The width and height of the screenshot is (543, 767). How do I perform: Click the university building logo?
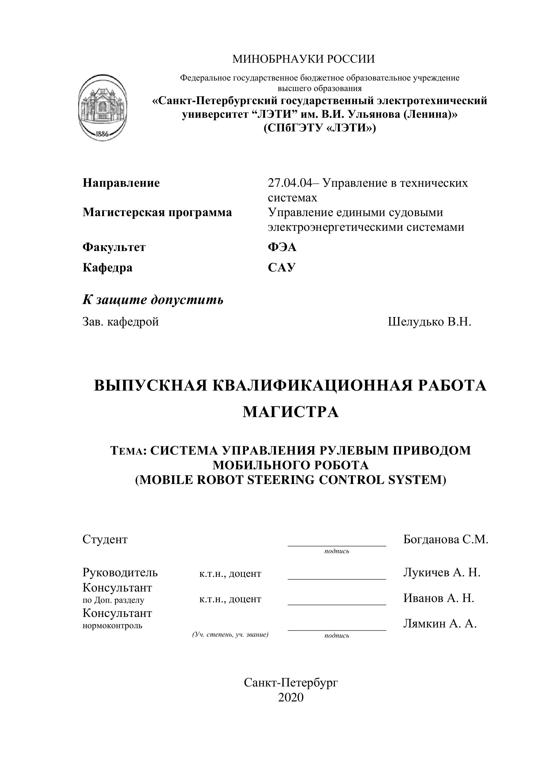coord(103,107)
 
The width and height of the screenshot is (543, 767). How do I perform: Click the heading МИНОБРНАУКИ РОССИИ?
coord(304,59)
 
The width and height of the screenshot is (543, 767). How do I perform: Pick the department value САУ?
coord(281,268)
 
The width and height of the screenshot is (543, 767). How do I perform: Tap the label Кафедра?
coord(107,268)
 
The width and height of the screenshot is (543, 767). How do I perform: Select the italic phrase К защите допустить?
coord(153,300)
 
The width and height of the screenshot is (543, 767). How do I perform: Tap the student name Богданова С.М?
coord(445,539)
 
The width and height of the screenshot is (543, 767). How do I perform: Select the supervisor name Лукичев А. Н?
coord(441,572)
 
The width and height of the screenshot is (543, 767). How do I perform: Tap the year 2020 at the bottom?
coord(291,697)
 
